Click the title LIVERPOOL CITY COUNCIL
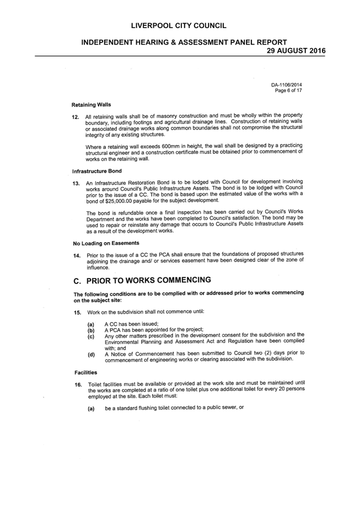179,26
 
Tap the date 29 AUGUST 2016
296,51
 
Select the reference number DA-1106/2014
287,85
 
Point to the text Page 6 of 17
288,90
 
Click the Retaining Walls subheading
91,105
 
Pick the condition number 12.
76,117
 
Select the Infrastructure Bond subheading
96,171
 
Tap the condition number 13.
76,184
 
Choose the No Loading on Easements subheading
106,243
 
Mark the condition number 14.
77,255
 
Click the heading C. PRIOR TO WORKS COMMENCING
142,281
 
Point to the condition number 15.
77,313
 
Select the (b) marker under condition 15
91,331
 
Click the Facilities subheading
85,373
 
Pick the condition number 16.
78,385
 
